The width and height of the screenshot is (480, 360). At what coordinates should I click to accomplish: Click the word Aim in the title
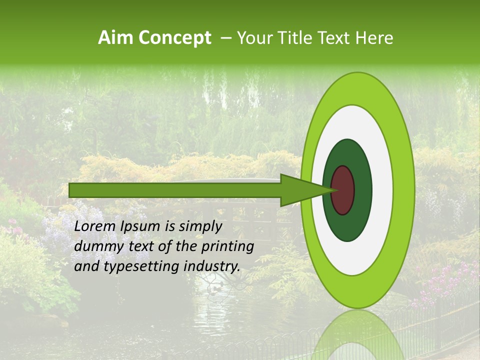tap(116, 38)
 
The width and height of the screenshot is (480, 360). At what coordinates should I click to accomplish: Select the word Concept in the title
tap(174, 38)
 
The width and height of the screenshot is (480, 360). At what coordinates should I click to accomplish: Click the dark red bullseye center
tap(343, 190)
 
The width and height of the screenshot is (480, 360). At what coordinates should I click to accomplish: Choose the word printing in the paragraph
tap(227, 246)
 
